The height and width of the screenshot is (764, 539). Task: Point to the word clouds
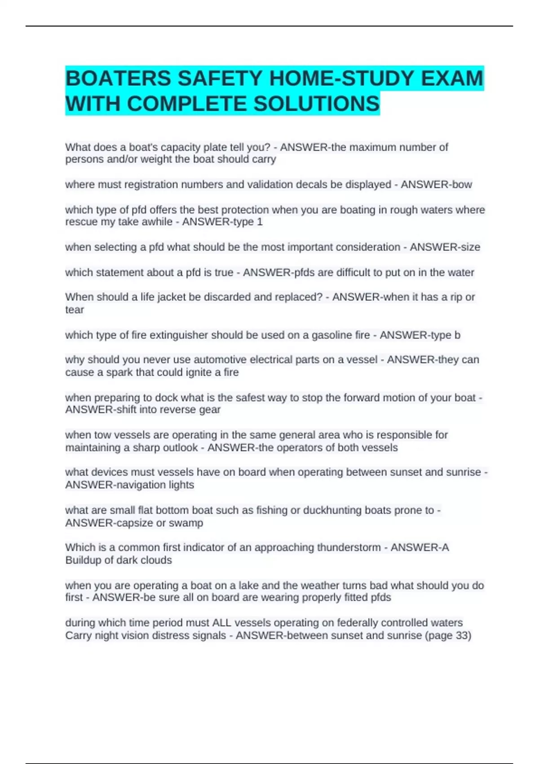[x=156, y=560]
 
